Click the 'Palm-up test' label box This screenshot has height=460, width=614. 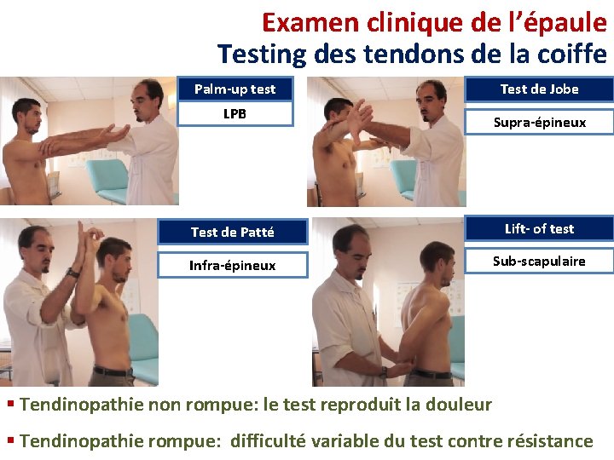coord(235,89)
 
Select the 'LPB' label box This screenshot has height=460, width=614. coord(235,113)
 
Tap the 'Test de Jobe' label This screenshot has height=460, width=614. coord(539,89)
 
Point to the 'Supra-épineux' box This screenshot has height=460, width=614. coord(539,122)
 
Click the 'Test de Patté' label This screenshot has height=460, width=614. coord(232,232)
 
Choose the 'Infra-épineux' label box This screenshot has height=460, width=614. coord(232,265)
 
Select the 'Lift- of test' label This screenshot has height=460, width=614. coord(539,228)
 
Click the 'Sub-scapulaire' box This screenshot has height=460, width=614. coord(539,261)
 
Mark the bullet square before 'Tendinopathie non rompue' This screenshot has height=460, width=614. coord(10,404)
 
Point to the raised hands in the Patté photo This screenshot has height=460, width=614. coord(88,234)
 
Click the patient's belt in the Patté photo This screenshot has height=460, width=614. coord(113,371)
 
